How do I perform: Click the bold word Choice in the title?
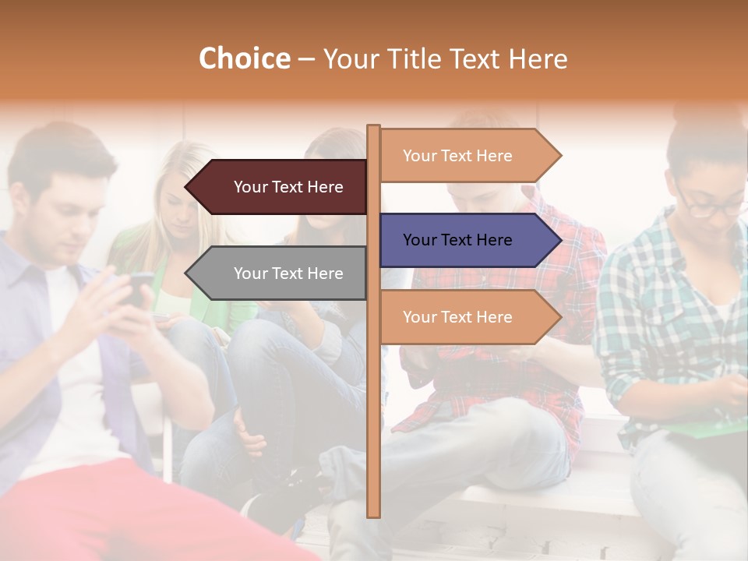pos(244,59)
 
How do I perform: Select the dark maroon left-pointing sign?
pos(280,187)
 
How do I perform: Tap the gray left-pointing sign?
pos(280,273)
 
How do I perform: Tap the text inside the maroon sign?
pos(288,187)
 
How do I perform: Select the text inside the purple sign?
pos(457,240)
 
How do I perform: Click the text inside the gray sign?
pos(288,273)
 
